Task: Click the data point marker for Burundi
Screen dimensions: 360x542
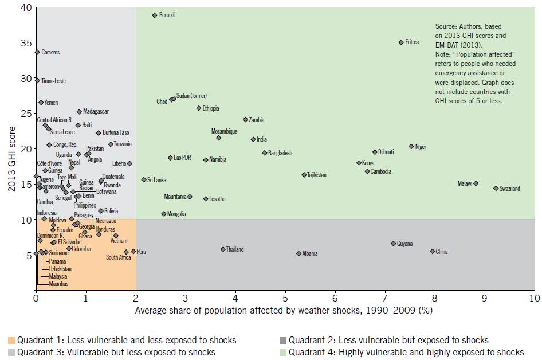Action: point(155,15)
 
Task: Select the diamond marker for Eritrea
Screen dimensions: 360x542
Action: point(401,42)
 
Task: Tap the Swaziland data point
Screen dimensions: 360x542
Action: point(496,188)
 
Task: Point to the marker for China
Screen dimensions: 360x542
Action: point(433,251)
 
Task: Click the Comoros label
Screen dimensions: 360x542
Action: point(50,52)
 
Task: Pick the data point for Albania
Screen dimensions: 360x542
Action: point(299,253)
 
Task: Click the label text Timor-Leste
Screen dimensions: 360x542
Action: point(54,81)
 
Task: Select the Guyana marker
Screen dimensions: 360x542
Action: point(393,244)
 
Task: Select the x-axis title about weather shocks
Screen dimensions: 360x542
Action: point(284,311)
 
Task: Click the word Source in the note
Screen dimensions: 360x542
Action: point(445,26)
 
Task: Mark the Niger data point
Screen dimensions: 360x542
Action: point(411,147)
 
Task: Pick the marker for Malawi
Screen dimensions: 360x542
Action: point(476,183)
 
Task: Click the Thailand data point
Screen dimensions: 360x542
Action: point(223,249)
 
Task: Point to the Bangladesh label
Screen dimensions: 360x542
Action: point(280,153)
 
